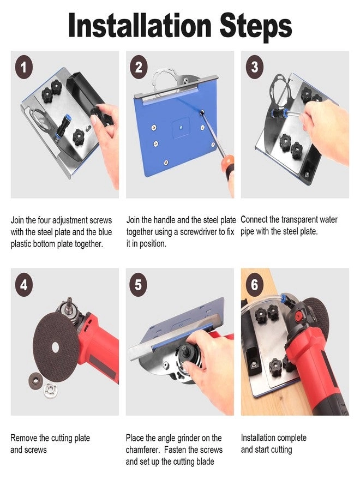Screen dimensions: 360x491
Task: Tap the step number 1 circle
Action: tap(24, 67)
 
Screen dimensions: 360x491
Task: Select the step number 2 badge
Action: tap(139, 67)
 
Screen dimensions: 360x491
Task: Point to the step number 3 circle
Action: tap(255, 67)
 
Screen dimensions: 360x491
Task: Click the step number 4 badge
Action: tap(24, 285)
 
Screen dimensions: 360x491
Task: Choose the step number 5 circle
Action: tap(139, 285)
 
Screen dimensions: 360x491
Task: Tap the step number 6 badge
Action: tap(255, 284)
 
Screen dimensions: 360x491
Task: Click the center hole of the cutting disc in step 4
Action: tap(56, 348)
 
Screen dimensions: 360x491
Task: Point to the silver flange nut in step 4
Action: tap(50, 390)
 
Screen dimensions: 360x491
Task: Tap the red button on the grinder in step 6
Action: tap(299, 316)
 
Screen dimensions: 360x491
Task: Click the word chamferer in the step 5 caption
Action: tap(143, 450)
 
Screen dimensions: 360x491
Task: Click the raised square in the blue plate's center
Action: tap(181, 127)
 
